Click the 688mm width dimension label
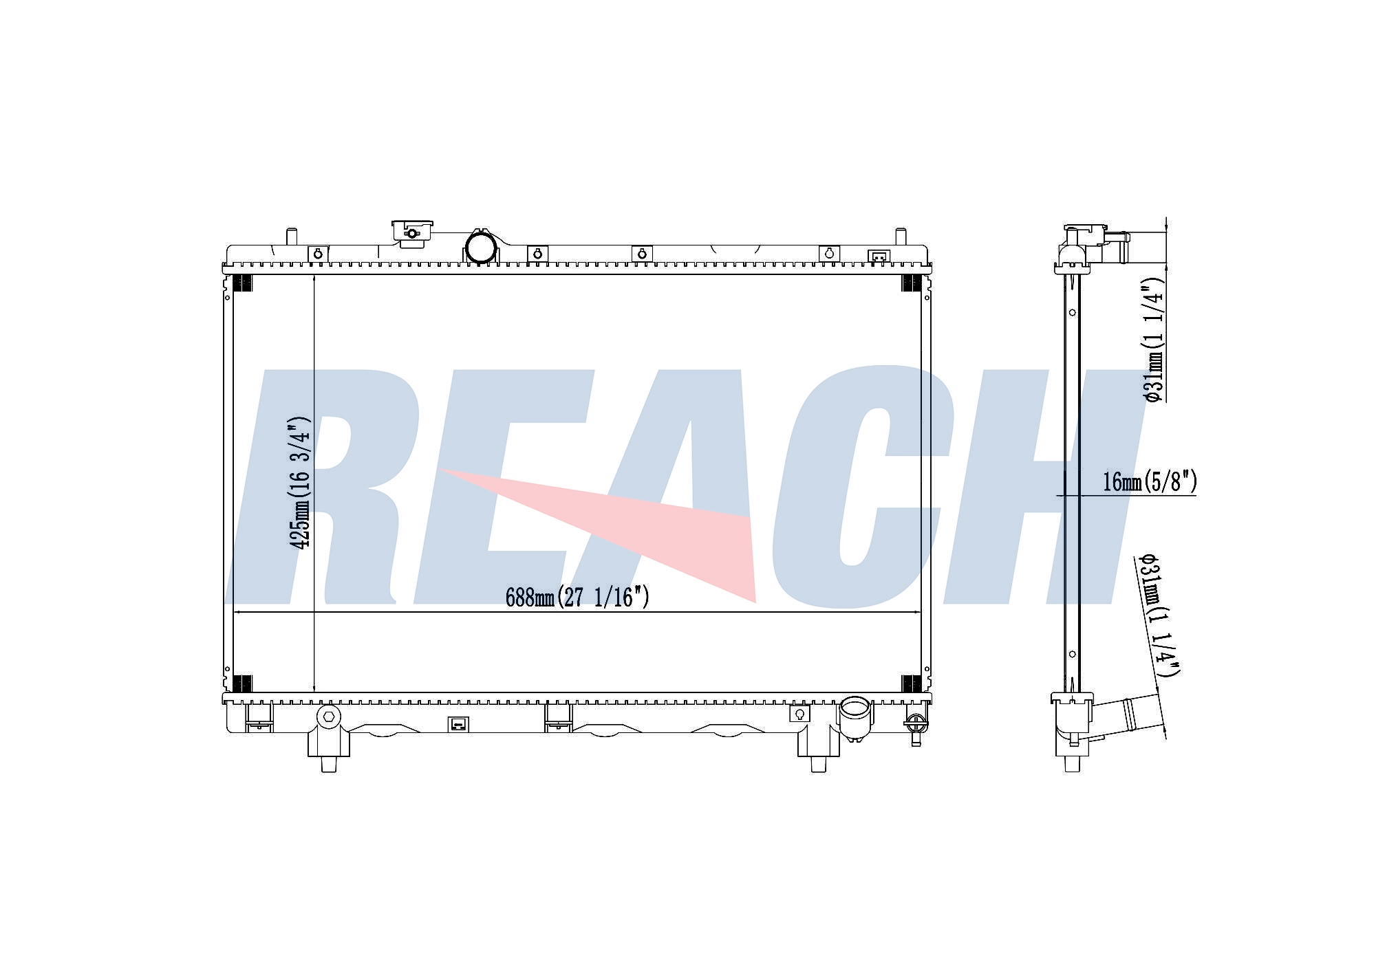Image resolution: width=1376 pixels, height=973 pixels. (x=577, y=597)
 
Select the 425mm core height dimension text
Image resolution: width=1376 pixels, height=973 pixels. (x=300, y=482)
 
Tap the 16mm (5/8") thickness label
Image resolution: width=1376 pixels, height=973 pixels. (x=1150, y=481)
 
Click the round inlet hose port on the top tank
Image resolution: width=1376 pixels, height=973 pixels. (x=482, y=247)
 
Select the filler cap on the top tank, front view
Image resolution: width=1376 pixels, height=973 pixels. (x=412, y=232)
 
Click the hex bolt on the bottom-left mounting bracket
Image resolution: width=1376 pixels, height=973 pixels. (x=329, y=717)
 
